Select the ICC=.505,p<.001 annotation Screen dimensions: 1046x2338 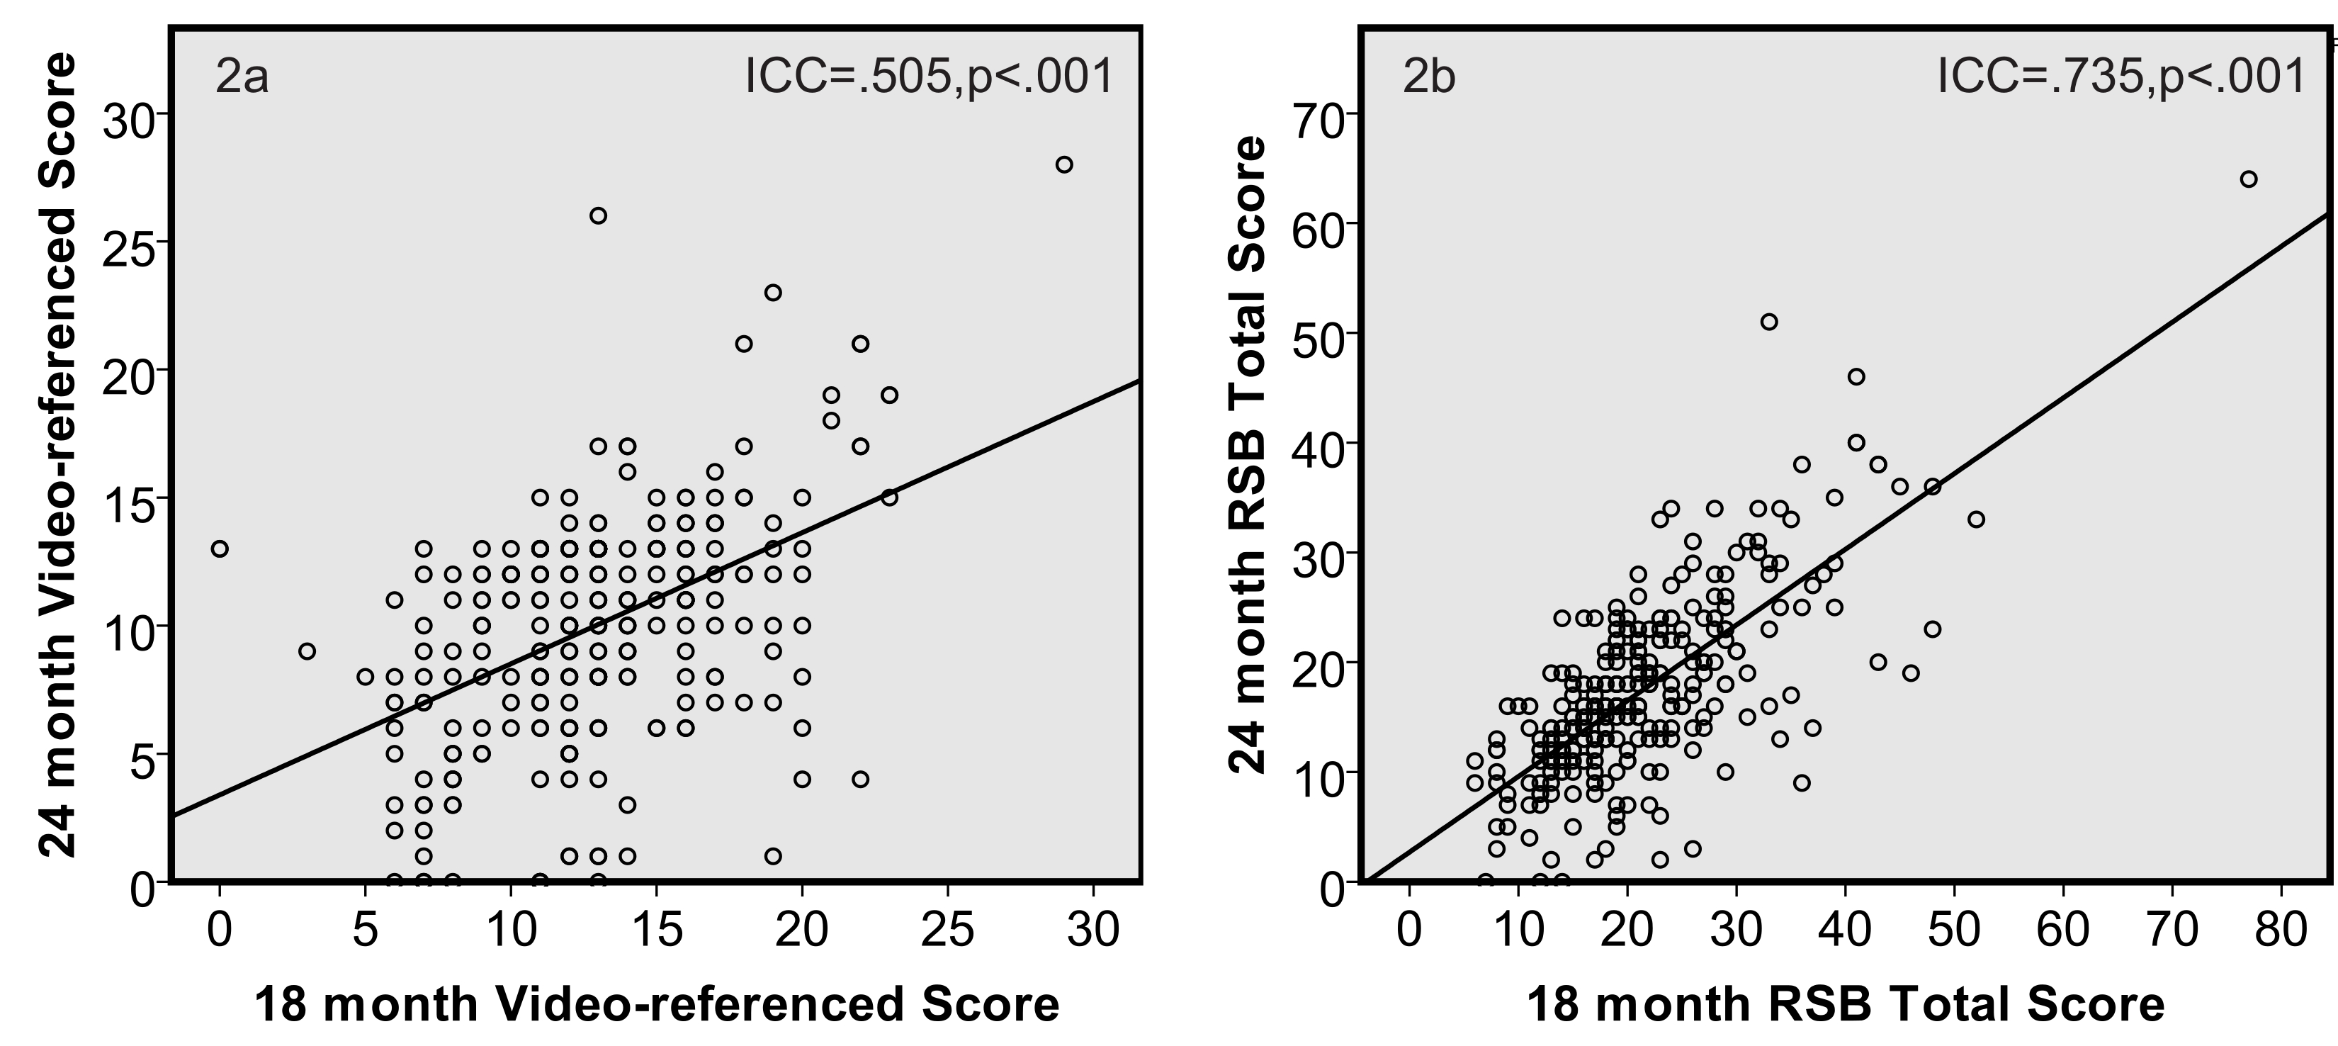[x=929, y=77]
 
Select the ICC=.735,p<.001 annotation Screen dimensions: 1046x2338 [x=2121, y=77]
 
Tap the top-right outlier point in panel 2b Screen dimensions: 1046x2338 [x=2248, y=179]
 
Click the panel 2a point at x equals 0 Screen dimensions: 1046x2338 [x=220, y=549]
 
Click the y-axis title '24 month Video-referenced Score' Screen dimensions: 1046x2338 [x=60, y=454]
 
